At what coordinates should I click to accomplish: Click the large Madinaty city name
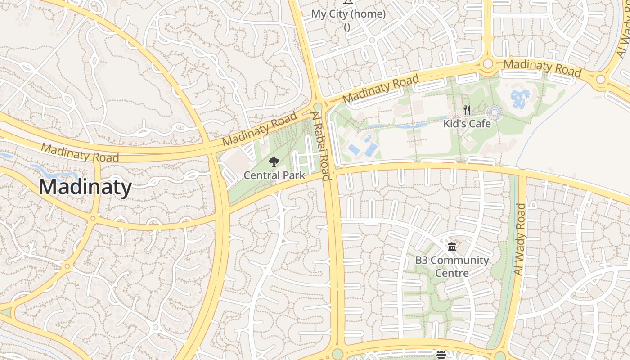pyautogui.click(x=85, y=187)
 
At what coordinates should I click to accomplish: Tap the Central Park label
pyautogui.click(x=274, y=175)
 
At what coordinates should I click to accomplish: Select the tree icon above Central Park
pyautogui.click(x=274, y=162)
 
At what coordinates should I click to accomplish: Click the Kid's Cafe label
pyautogui.click(x=467, y=124)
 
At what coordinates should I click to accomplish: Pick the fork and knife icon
pyautogui.click(x=467, y=110)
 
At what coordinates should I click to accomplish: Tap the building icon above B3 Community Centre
pyautogui.click(x=452, y=247)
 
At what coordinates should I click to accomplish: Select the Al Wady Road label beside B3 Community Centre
pyautogui.click(x=520, y=239)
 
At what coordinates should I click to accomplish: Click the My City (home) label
pyautogui.click(x=348, y=14)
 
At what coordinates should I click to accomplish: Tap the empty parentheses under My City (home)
pyautogui.click(x=347, y=27)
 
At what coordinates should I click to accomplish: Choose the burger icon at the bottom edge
pyautogui.click(x=441, y=355)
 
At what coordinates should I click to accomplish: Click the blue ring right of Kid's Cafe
pyautogui.click(x=495, y=112)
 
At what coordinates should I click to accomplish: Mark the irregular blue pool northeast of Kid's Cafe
pyautogui.click(x=521, y=98)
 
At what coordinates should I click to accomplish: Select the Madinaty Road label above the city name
pyautogui.click(x=80, y=153)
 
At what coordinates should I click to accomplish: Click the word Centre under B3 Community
pyautogui.click(x=452, y=273)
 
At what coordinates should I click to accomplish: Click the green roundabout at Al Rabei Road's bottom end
pyautogui.click(x=337, y=354)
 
